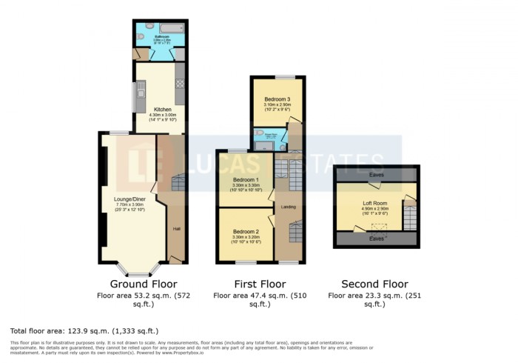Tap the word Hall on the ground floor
point(177,228)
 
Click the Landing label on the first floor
point(289,207)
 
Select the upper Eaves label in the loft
point(377,176)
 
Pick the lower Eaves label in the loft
point(377,239)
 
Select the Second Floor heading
point(374,284)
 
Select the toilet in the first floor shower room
point(259,135)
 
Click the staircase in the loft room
point(409,215)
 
